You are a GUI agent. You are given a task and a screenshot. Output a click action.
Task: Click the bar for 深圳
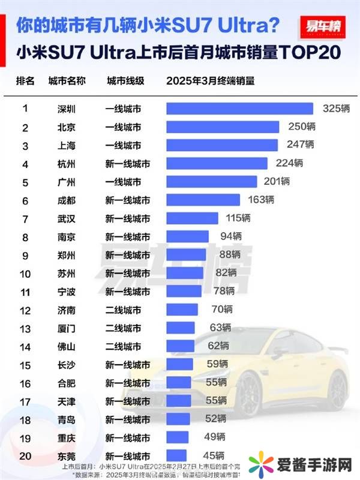(239, 109)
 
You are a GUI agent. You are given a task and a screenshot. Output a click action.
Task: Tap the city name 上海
(66, 145)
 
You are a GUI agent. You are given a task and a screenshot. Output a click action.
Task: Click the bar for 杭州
(217, 164)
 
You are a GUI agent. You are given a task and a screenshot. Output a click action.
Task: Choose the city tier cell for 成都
(127, 200)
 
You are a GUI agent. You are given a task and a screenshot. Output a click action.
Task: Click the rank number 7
(25, 218)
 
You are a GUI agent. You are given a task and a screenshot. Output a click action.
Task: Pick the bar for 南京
(187, 236)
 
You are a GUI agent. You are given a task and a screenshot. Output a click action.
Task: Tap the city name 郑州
(66, 255)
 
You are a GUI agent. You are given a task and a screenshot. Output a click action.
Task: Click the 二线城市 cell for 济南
(123, 310)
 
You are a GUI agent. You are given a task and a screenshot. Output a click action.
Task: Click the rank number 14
(25, 346)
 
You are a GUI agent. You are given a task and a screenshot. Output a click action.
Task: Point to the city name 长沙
(66, 364)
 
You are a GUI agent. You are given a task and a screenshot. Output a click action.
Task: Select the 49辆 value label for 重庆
(214, 437)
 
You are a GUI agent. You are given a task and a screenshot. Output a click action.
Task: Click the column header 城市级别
(125, 81)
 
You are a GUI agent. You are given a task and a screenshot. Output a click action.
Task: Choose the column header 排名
(25, 81)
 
